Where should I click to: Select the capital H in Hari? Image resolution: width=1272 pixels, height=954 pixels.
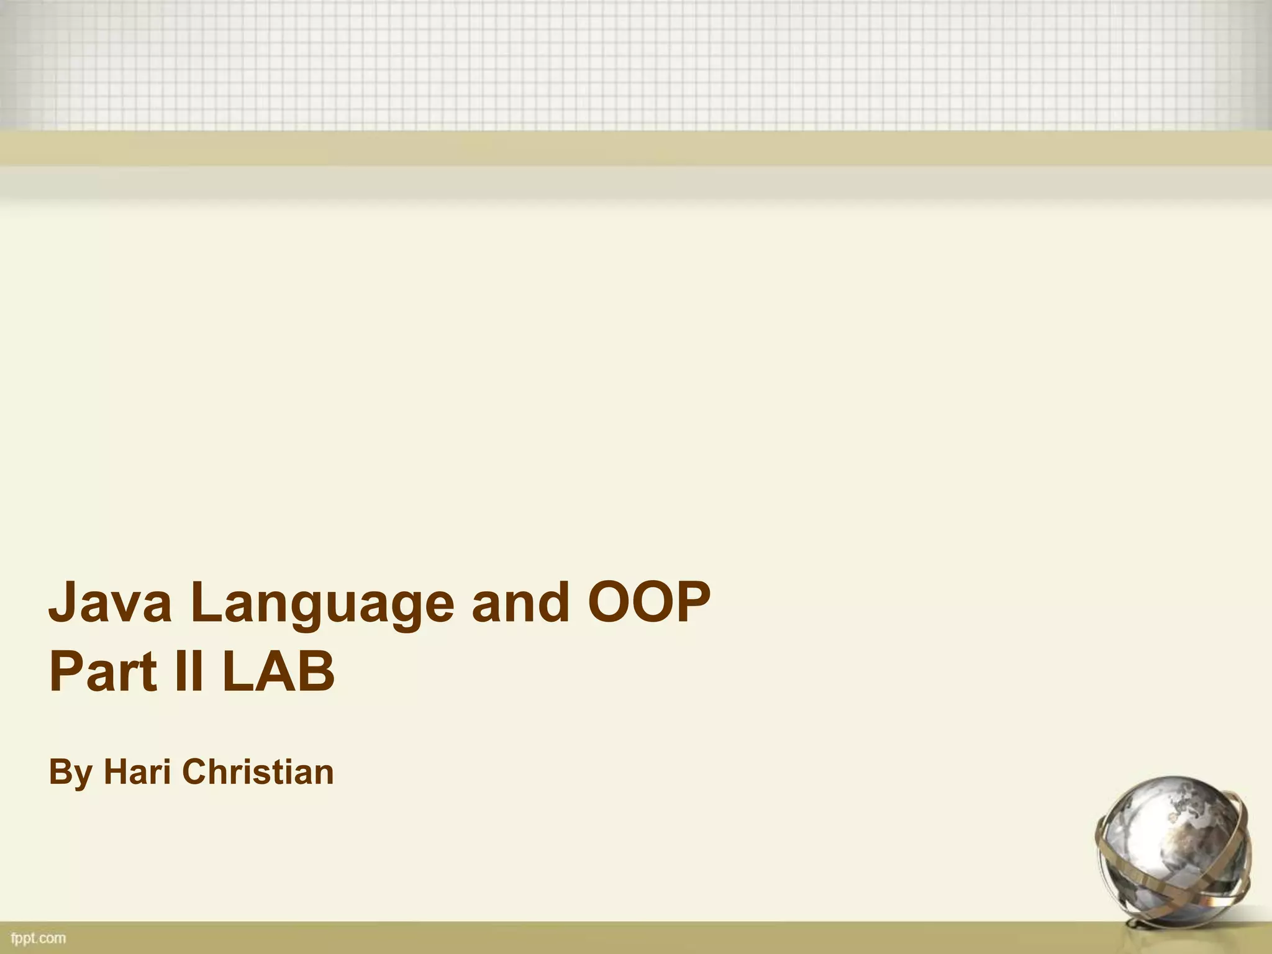tap(116, 771)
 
